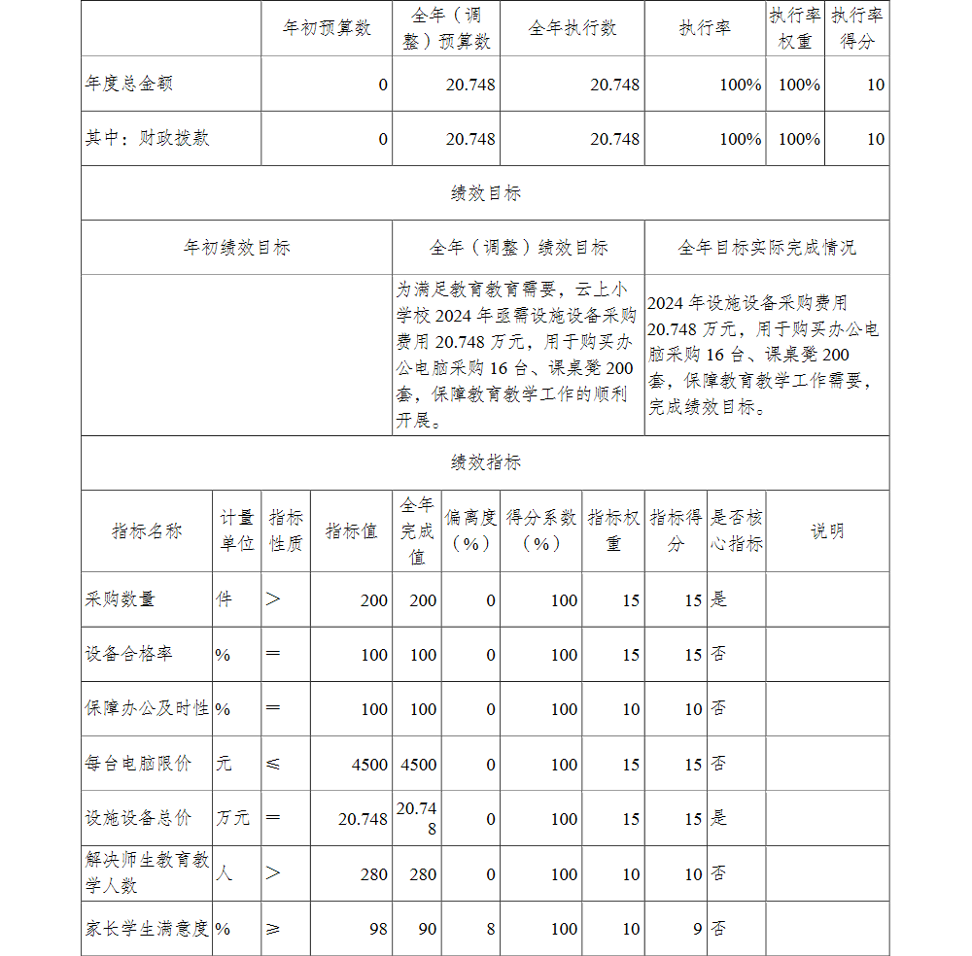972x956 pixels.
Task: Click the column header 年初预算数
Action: coord(327,28)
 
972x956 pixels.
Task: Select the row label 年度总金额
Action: coord(129,84)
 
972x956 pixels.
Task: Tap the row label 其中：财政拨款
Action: coord(147,138)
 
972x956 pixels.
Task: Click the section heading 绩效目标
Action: coord(485,193)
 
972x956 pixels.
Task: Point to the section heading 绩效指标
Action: coord(485,462)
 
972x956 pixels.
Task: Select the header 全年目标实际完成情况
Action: coord(767,248)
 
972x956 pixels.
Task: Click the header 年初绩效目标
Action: coord(236,248)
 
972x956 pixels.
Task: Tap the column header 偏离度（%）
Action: coord(470,530)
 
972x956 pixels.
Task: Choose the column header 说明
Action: coord(827,530)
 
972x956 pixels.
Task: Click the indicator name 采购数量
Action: coord(121,599)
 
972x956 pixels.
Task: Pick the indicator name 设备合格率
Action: coord(129,654)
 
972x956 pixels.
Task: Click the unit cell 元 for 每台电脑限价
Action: coord(225,764)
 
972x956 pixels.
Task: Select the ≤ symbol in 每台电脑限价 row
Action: coord(273,764)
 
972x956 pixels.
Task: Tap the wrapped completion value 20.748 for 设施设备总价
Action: coord(417,818)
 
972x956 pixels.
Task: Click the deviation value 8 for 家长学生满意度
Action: coord(490,929)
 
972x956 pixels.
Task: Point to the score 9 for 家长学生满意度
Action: coord(697,929)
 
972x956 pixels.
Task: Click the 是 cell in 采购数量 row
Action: coord(718,599)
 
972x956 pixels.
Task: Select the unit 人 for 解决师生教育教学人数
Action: coord(225,873)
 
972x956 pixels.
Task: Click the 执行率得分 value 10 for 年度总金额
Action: coord(875,85)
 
